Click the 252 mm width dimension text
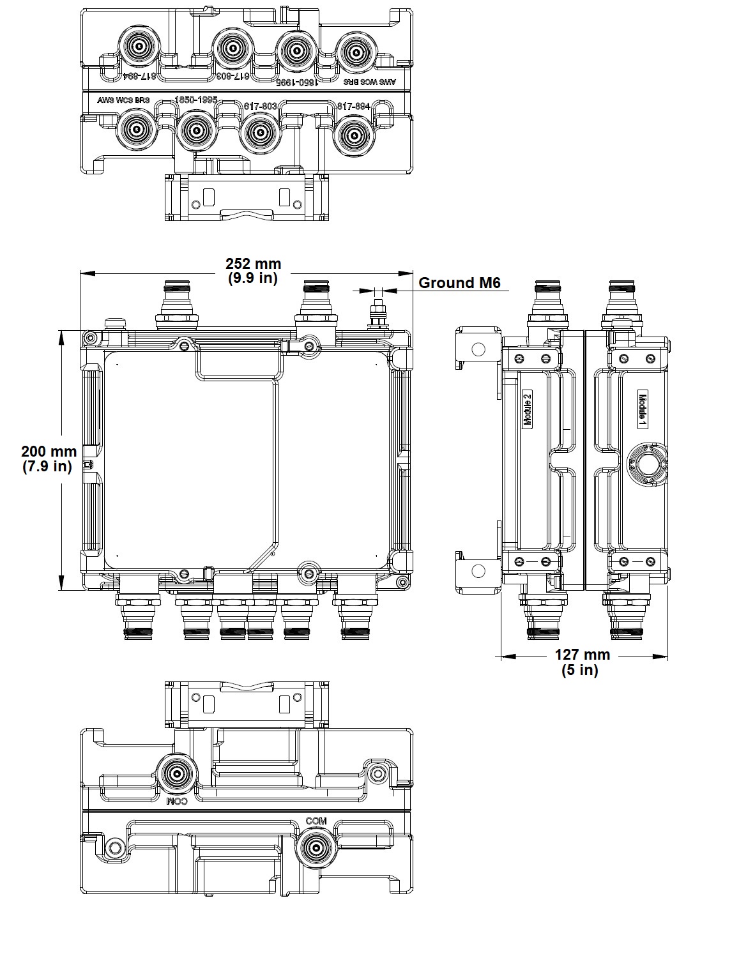(253, 264)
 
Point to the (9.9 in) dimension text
(253, 278)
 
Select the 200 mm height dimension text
(49, 452)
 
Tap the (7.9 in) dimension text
(47, 466)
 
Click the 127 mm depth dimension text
(582, 655)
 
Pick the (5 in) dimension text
(580, 670)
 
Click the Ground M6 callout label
(459, 283)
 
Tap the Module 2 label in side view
(528, 409)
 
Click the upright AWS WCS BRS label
(123, 101)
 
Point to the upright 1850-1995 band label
(196, 101)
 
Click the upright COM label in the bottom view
(316, 821)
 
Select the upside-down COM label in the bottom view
(176, 801)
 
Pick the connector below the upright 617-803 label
(259, 132)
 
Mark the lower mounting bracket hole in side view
(477, 570)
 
